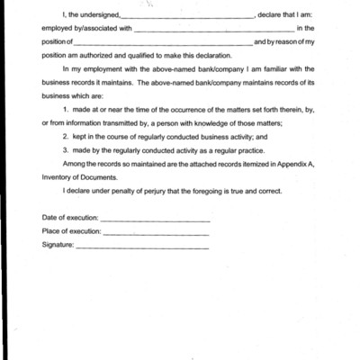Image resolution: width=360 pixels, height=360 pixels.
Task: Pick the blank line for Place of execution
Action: point(157,233)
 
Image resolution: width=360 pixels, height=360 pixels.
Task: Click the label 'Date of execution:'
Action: point(70,218)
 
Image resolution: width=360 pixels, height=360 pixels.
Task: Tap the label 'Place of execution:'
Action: point(72,231)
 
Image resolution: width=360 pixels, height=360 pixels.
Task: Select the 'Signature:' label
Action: point(58,244)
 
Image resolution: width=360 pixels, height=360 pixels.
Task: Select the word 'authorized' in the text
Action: point(95,54)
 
